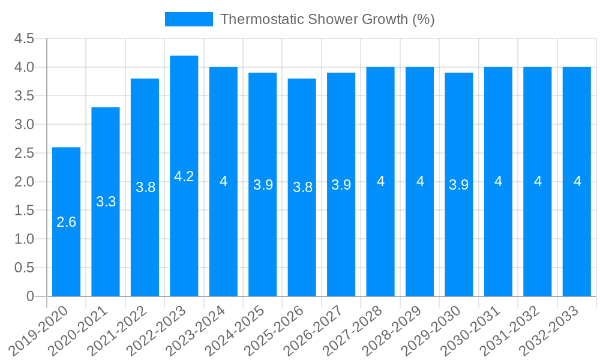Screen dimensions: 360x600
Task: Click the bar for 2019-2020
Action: pyautogui.click(x=66, y=222)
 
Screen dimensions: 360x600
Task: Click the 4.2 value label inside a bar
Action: pyautogui.click(x=184, y=176)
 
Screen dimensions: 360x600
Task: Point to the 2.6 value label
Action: pyautogui.click(x=66, y=222)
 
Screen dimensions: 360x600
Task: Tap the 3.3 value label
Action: pyautogui.click(x=106, y=202)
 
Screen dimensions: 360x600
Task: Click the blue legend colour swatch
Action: pyautogui.click(x=188, y=19)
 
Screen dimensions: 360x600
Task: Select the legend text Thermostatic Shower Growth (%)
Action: pyautogui.click(x=327, y=19)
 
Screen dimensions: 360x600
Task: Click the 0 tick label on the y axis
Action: pyautogui.click(x=31, y=296)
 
